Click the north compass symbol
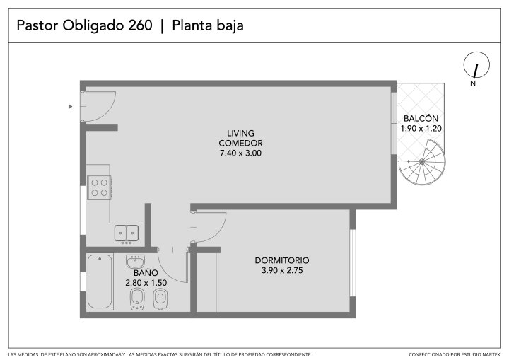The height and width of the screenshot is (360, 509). [x=476, y=65]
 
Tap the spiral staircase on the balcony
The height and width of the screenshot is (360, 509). [x=422, y=162]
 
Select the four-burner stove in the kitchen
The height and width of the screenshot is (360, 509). [x=100, y=188]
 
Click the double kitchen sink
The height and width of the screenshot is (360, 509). [x=127, y=233]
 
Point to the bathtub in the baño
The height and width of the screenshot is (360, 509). [x=100, y=281]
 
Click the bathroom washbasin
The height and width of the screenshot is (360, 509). [x=135, y=261]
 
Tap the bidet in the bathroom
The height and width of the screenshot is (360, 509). [x=137, y=299]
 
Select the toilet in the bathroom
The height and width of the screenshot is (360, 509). [x=160, y=299]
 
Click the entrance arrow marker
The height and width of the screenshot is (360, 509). [x=70, y=106]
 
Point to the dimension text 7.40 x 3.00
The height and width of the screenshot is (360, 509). [x=240, y=153]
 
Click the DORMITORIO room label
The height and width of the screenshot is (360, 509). [x=282, y=260]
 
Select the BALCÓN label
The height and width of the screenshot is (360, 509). [x=421, y=118]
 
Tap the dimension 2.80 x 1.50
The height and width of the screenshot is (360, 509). [x=146, y=283]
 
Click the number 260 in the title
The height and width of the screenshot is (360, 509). [x=140, y=25]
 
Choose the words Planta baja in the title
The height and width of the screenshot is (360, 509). [x=208, y=25]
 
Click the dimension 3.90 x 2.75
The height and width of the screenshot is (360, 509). [x=282, y=270]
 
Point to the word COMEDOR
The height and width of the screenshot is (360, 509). [x=240, y=143]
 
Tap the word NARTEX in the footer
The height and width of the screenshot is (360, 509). [x=491, y=354]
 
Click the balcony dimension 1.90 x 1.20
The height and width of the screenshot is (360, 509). [x=421, y=128]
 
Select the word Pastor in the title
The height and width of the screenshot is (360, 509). [x=37, y=25]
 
